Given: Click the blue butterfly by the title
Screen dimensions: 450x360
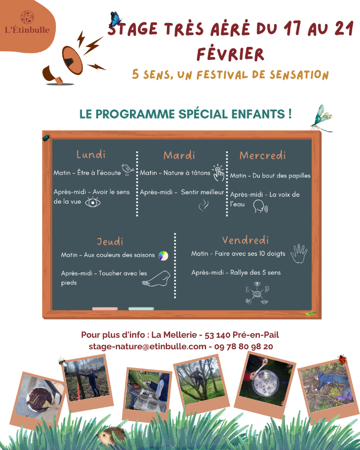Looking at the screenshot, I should pyautogui.click(x=115, y=20).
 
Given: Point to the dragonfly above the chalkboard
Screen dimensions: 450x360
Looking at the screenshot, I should pyautogui.click(x=321, y=118).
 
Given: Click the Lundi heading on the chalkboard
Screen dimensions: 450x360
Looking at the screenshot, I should pyautogui.click(x=91, y=155).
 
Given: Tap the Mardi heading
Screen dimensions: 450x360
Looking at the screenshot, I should pyautogui.click(x=179, y=156).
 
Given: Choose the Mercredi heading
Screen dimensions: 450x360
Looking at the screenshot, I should pyautogui.click(x=262, y=156).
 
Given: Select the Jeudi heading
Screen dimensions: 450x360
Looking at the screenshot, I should pyautogui.click(x=110, y=242).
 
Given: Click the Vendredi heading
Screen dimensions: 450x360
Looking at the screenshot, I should pyautogui.click(x=245, y=240).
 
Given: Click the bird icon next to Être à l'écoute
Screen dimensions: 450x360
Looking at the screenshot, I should pyautogui.click(x=128, y=170).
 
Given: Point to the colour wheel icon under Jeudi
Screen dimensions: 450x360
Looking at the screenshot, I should pyautogui.click(x=163, y=255).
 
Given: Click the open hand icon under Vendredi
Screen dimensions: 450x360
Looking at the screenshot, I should pyautogui.click(x=299, y=253).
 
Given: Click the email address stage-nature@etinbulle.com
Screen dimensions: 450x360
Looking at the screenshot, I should pyautogui.click(x=148, y=346).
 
